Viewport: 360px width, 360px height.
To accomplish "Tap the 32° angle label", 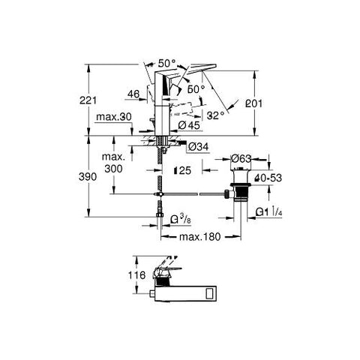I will [217, 115].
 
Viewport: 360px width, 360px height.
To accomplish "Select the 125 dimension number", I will [184, 171].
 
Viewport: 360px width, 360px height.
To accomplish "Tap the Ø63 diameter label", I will [241, 159].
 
